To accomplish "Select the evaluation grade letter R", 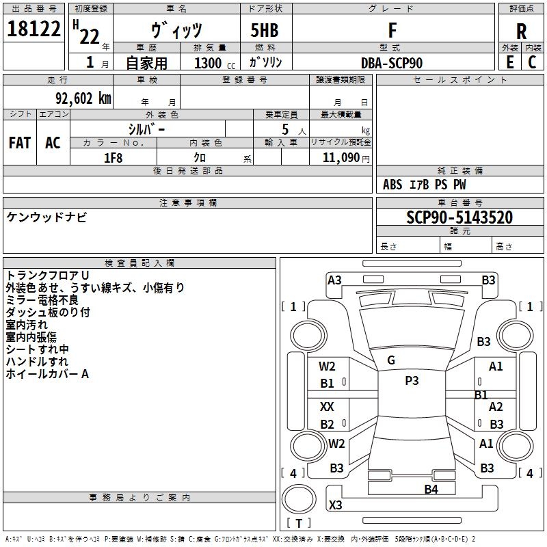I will (521, 31).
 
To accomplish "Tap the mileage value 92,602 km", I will (79, 98).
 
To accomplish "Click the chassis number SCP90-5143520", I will (459, 217).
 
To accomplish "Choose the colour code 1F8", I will (113, 158).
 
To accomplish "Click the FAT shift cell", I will (19, 143).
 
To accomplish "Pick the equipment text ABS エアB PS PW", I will (425, 185).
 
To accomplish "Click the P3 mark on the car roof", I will (411, 381).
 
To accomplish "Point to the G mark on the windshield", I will (390, 360).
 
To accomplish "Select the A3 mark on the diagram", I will (334, 280).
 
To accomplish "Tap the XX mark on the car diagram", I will (328, 406).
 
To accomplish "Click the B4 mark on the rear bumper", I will (431, 489).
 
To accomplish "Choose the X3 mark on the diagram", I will (335, 505).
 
